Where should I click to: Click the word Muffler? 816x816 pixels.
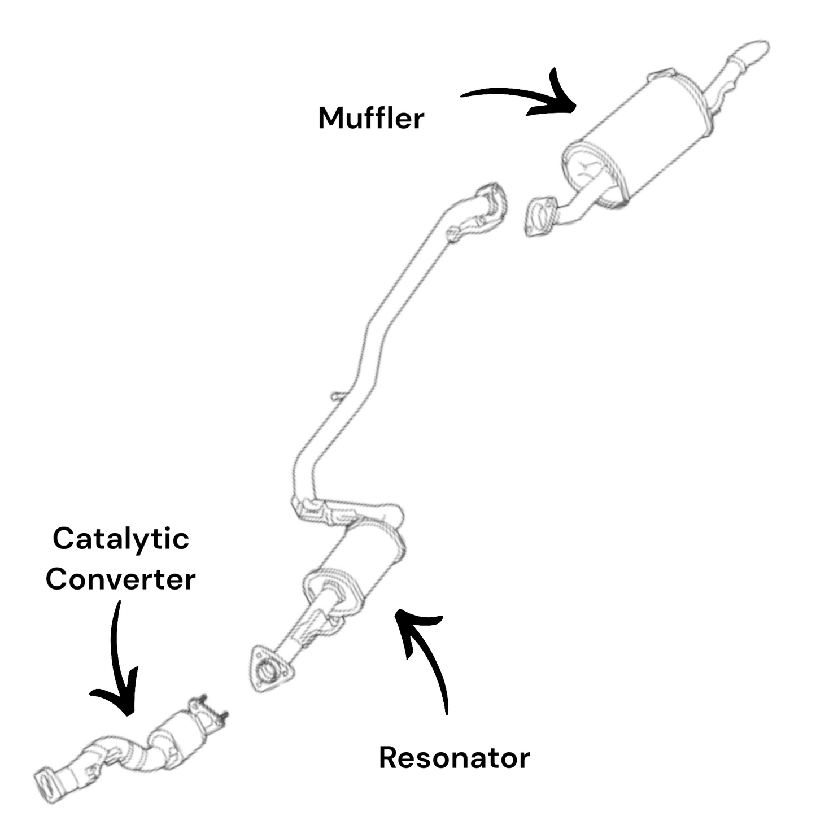371,118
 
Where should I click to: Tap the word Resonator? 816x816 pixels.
454,757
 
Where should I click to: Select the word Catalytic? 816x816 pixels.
120,539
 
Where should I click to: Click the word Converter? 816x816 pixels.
120,579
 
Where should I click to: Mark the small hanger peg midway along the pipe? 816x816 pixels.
336,397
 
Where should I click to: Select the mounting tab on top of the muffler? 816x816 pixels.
662,75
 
